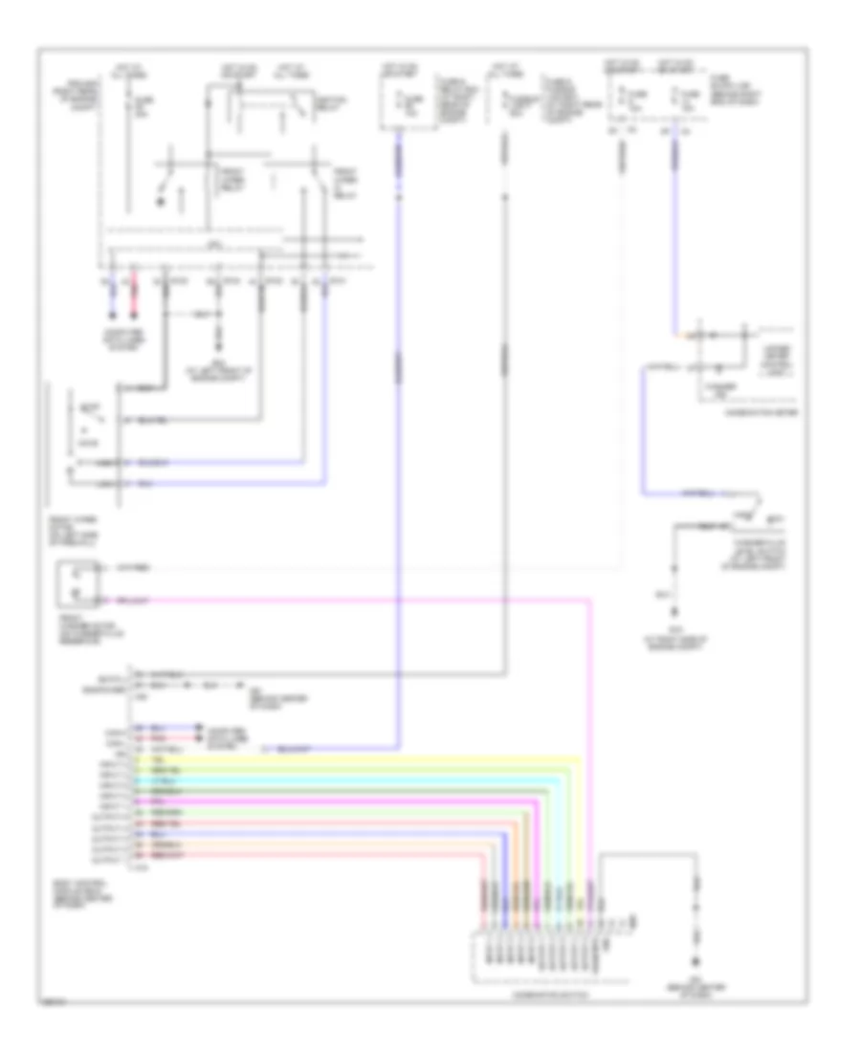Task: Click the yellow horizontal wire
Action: tap(364, 758)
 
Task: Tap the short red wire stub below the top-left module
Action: tap(135, 296)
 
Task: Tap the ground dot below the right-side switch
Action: tap(676, 612)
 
